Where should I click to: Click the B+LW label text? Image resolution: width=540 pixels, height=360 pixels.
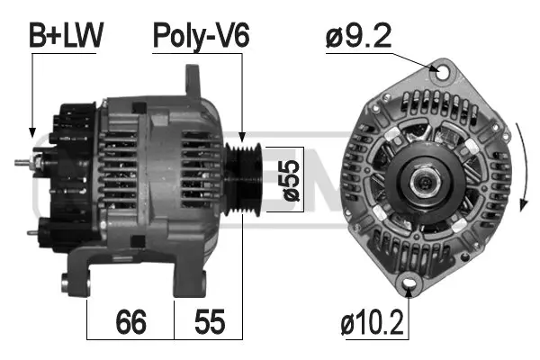click(67, 35)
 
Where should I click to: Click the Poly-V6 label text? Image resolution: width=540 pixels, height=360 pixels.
click(200, 35)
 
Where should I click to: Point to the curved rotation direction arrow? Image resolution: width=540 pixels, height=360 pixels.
click(520, 162)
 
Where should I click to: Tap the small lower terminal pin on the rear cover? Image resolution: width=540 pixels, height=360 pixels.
click(33, 232)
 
